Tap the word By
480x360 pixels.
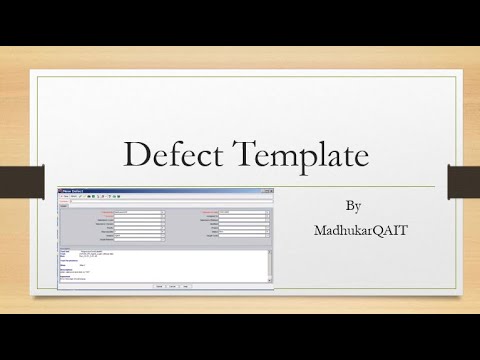click(352, 206)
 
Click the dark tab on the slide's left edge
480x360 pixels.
click(15, 178)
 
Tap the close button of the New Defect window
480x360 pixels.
click(271, 189)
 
